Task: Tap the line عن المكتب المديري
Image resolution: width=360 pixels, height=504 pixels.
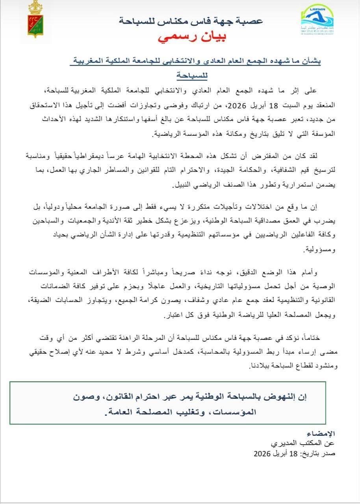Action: [x=311, y=444]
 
